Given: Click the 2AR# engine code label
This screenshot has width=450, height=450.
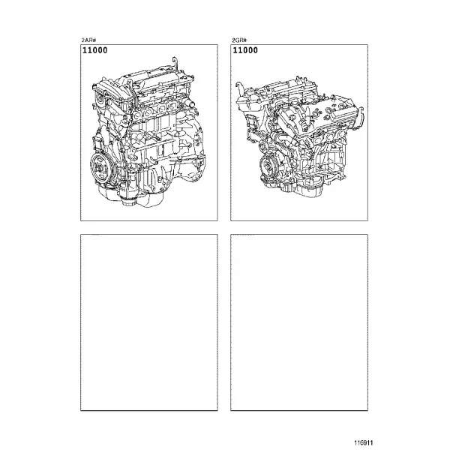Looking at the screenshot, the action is click(88, 40).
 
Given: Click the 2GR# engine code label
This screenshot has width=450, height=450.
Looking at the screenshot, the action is click(239, 40).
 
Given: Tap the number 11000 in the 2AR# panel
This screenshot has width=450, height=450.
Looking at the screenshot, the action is click(95, 50).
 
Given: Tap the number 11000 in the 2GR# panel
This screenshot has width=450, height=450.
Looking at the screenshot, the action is click(245, 50).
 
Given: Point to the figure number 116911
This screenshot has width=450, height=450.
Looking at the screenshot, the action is click(364, 442).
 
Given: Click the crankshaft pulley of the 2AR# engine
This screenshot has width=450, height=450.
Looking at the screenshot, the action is click(100, 167).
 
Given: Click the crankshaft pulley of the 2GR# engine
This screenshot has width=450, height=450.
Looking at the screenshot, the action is click(268, 166).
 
